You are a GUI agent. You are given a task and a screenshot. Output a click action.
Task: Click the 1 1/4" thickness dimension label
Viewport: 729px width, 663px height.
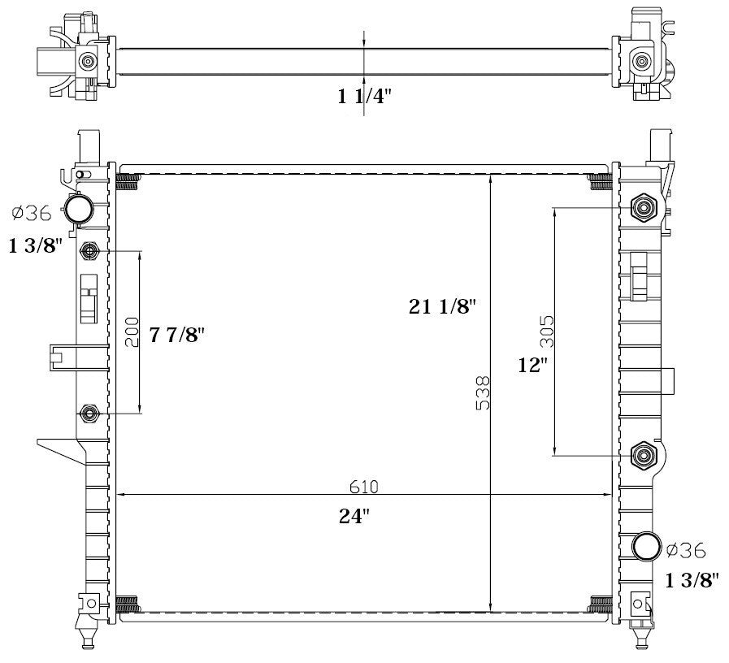click(364, 97)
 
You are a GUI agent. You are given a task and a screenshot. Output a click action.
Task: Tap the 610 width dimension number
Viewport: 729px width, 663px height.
click(364, 487)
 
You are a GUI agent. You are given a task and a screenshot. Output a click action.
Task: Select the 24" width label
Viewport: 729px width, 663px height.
click(354, 516)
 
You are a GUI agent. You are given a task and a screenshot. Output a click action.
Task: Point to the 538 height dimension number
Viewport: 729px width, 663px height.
click(483, 393)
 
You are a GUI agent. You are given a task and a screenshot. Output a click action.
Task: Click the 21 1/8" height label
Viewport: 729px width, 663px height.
click(443, 306)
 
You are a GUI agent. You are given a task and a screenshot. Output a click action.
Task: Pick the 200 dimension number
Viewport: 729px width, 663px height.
click(132, 332)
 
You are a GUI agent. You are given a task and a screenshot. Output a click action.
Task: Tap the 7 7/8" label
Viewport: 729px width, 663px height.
click(176, 334)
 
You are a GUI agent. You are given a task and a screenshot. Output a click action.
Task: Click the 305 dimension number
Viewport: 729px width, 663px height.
click(547, 331)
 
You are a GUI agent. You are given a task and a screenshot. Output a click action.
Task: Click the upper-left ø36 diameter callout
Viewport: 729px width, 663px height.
click(32, 214)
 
